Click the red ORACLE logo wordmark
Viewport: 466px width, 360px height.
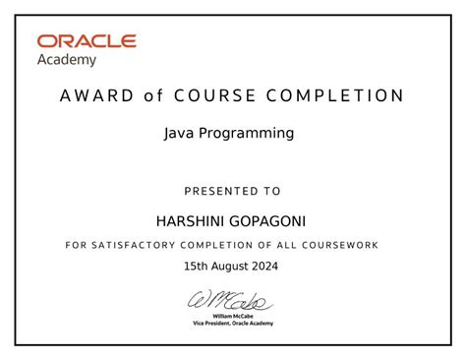tap(87, 41)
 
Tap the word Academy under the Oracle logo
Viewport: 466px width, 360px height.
tap(68, 60)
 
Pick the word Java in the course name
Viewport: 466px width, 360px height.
tap(177, 133)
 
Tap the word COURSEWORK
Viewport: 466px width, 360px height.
tap(340, 244)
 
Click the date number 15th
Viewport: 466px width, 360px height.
tap(197, 266)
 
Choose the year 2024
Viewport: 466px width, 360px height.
tap(264, 266)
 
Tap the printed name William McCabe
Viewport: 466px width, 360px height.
tap(233, 315)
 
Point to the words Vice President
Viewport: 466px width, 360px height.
tap(212, 323)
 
